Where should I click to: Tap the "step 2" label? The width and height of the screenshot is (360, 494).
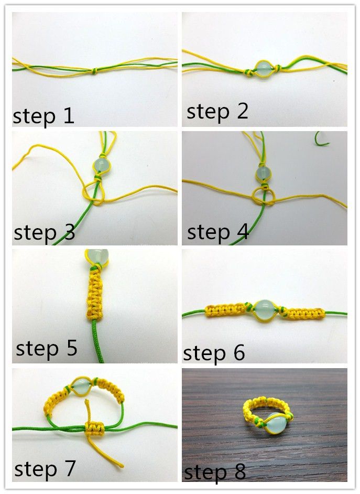click(x=217, y=112)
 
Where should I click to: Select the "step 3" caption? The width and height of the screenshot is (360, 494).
click(x=44, y=232)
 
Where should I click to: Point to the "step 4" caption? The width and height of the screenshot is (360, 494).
click(x=217, y=232)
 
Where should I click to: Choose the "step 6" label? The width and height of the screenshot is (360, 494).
click(x=214, y=353)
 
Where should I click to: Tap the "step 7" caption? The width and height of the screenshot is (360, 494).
click(x=45, y=468)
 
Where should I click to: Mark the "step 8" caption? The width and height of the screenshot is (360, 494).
click(x=215, y=471)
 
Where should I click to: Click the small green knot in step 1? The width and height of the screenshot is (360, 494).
click(x=94, y=72)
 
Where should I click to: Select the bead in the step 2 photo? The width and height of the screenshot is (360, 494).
click(x=263, y=70)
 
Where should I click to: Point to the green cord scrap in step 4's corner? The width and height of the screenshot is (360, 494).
click(x=321, y=139)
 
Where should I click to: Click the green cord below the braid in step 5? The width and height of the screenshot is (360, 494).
click(x=98, y=341)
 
